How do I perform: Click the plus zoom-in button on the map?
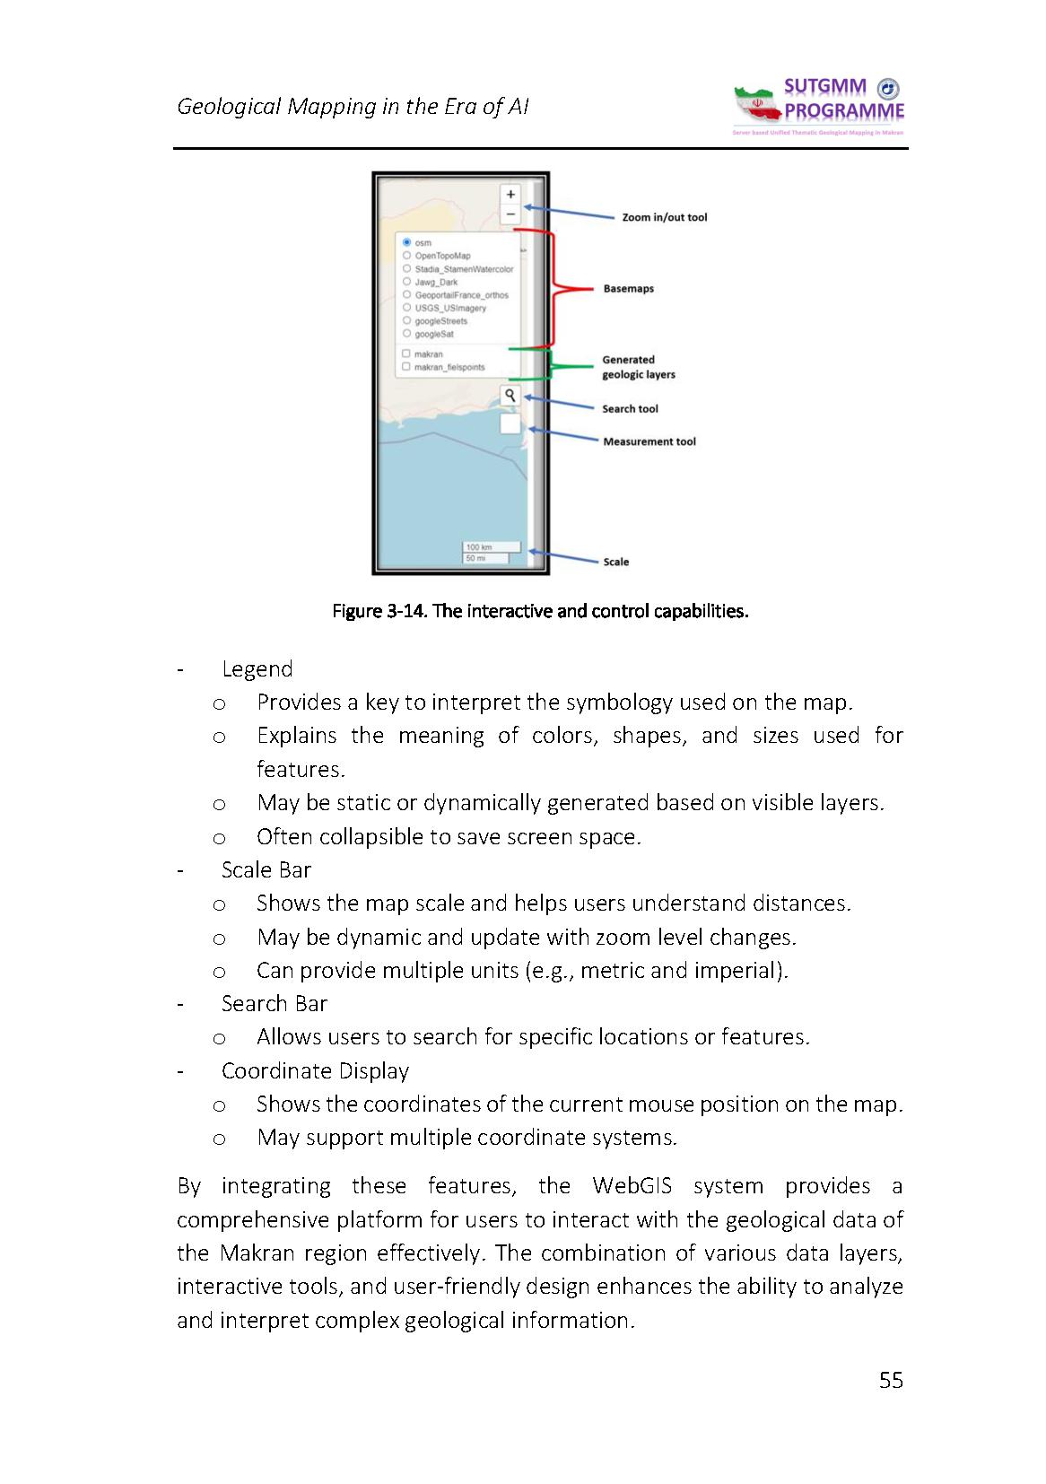[510, 194]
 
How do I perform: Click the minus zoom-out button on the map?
[510, 214]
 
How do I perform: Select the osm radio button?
[407, 242]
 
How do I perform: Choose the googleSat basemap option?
[407, 334]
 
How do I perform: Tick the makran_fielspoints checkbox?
[406, 367]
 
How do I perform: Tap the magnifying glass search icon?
[510, 395]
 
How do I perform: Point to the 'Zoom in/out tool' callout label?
[664, 217]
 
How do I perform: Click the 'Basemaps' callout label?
[628, 289]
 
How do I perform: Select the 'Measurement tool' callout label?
[649, 441]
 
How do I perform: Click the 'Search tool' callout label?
[630, 409]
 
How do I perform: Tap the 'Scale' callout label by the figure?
[615, 562]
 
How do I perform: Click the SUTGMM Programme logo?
[819, 107]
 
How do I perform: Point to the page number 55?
[891, 1380]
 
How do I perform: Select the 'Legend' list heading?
[257, 669]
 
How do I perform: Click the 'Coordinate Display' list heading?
[315, 1071]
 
